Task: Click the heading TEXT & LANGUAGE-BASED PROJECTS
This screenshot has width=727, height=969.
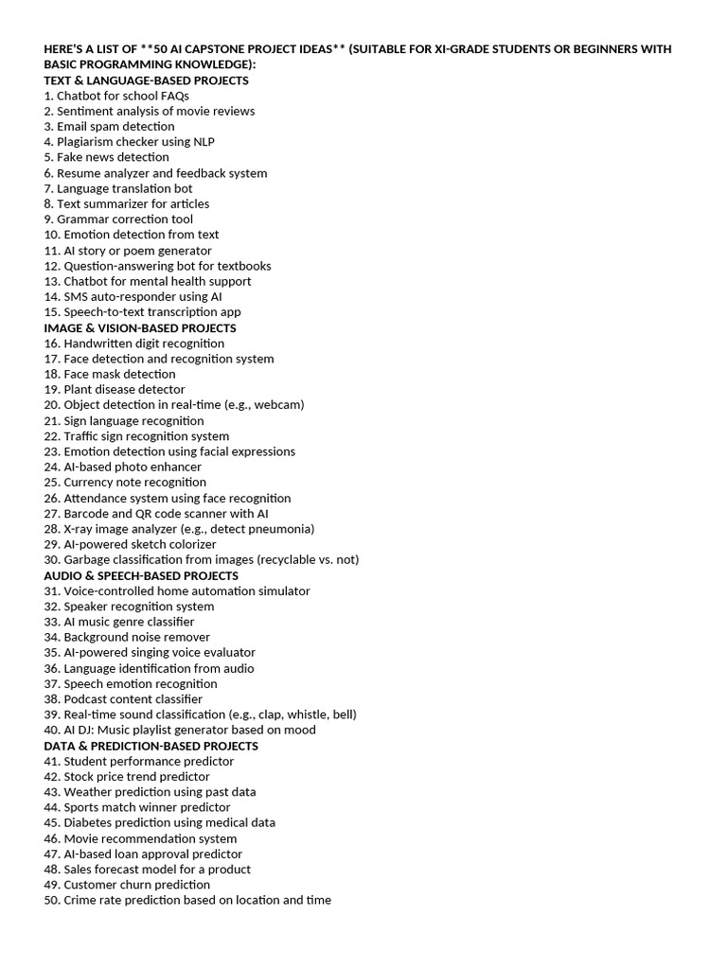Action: click(147, 80)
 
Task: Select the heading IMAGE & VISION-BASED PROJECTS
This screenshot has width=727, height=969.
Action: click(140, 327)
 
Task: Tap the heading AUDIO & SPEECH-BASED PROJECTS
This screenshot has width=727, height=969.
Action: click(141, 575)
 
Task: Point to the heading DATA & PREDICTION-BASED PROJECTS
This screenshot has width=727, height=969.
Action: click(151, 746)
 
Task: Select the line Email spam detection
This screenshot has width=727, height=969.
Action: click(109, 126)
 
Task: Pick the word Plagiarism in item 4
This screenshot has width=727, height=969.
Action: click(86, 142)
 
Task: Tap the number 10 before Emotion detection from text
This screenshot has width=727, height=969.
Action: click(51, 235)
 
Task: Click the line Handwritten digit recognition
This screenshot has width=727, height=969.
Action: click(134, 344)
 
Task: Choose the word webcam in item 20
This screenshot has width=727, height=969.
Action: click(278, 405)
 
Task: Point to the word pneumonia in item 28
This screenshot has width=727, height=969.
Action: click(280, 529)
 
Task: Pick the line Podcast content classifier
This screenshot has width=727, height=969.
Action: click(123, 699)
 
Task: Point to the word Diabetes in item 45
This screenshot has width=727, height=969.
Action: click(87, 823)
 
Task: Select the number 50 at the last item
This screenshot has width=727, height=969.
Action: click(51, 901)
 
